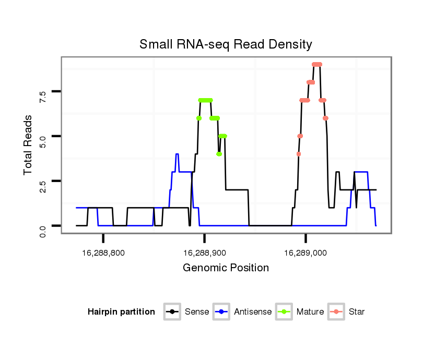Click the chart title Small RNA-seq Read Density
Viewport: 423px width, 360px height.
click(226, 44)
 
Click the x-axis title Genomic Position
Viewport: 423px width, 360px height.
click(226, 268)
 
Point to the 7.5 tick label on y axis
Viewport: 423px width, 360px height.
click(43, 97)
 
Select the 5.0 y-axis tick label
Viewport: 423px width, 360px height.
click(43, 141)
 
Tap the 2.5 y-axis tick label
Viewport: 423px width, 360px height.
click(43, 186)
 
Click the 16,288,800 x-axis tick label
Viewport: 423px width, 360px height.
click(103, 253)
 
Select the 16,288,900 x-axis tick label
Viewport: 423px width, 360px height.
click(205, 253)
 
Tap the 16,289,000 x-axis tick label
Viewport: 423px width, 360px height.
click(305, 253)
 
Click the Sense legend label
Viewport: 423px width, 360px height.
click(197, 312)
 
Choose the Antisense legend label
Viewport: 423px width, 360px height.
click(253, 312)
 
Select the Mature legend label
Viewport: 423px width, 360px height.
click(310, 312)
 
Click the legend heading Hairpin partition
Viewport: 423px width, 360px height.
click(121, 312)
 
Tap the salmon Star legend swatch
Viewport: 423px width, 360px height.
click(336, 312)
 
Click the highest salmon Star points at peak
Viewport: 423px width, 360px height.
click(317, 64)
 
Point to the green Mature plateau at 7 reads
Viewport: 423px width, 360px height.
click(206, 100)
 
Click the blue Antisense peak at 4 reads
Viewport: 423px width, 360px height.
click(177, 154)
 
